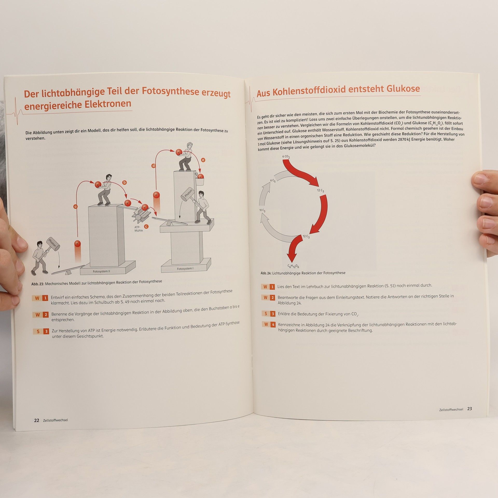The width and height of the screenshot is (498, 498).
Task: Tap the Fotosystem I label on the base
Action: tap(185, 269)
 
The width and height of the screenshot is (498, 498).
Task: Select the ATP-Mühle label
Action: tap(138, 229)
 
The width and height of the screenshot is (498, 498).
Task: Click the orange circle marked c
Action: tap(146, 226)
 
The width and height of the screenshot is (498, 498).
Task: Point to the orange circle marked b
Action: tap(125, 182)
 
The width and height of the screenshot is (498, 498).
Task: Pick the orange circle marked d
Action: tap(154, 166)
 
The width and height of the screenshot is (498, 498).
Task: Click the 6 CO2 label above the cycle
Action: tap(286, 157)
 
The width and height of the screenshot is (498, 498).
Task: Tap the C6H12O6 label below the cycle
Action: tap(293, 266)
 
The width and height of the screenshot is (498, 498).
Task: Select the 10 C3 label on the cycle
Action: tap(262, 210)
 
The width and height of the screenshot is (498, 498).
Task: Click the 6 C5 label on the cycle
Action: tap(273, 181)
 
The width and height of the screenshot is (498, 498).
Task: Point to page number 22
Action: tap(37, 420)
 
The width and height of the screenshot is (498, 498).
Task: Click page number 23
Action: tap(469, 409)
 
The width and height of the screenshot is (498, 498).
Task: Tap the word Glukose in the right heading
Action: tap(403, 89)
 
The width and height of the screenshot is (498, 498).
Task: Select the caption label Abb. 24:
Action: tap(266, 273)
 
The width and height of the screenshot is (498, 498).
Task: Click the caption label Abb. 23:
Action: tap(38, 284)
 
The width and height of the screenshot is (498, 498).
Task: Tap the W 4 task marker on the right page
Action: tap(269, 324)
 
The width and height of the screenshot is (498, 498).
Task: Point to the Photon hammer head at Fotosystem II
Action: tap(53, 244)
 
